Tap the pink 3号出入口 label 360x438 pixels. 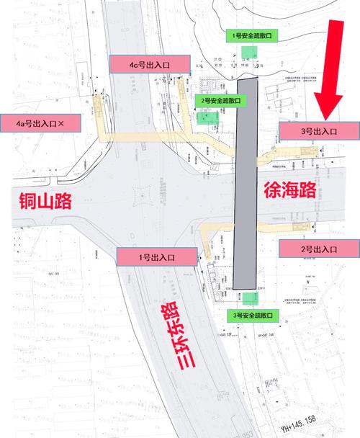319,131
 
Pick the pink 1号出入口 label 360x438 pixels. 156,255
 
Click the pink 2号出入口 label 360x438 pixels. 319,249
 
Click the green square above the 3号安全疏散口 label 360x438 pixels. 249,299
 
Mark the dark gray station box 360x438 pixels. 247,184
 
